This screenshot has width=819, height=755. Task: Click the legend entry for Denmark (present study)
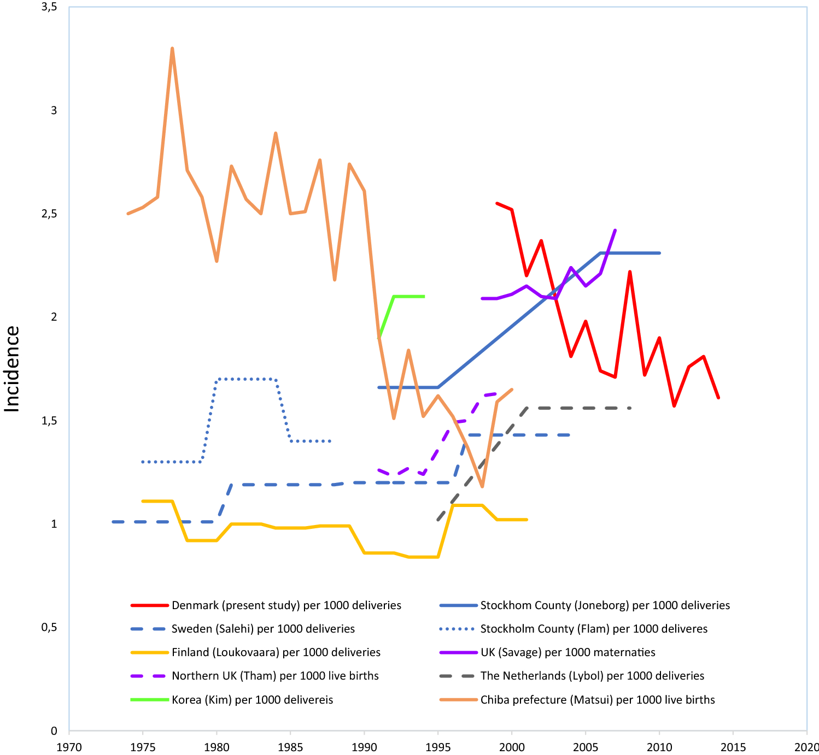pyautogui.click(x=286, y=605)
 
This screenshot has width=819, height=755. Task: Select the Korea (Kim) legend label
pyautogui.click(x=252, y=700)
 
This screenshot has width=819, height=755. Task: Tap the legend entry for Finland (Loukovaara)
pyautogui.click(x=276, y=652)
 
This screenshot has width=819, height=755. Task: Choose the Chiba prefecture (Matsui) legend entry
pyautogui.click(x=597, y=700)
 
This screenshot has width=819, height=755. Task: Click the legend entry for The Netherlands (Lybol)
pyautogui.click(x=592, y=676)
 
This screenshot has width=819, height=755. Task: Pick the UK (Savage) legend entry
pyautogui.click(x=568, y=652)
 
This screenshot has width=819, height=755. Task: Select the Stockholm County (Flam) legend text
pyautogui.click(x=594, y=629)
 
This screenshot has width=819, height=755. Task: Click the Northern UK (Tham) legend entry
pyautogui.click(x=275, y=676)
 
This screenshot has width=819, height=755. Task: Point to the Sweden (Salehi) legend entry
pyautogui.click(x=263, y=629)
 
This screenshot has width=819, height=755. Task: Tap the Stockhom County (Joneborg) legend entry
pyautogui.click(x=605, y=605)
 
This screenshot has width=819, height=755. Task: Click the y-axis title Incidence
pyautogui.click(x=12, y=369)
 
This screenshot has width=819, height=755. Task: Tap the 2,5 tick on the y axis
pyautogui.click(x=50, y=214)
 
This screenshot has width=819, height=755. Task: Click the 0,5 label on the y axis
pyautogui.click(x=50, y=627)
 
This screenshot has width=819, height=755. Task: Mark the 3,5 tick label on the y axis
pyautogui.click(x=50, y=7)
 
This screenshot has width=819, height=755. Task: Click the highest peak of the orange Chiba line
pyautogui.click(x=172, y=48)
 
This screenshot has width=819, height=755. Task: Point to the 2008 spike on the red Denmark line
pyautogui.click(x=630, y=272)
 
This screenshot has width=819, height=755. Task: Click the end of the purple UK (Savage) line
pyautogui.click(x=616, y=230)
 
